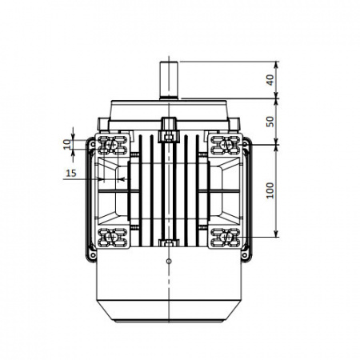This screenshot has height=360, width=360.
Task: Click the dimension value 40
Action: pyautogui.click(x=270, y=80)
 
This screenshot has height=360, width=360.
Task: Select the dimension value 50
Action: pyautogui.click(x=270, y=122)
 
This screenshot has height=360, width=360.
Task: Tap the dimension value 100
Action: pyautogui.click(x=270, y=190)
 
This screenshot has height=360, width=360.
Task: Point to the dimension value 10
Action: pyautogui.click(x=68, y=144)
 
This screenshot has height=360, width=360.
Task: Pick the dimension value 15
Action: pyautogui.click(x=71, y=174)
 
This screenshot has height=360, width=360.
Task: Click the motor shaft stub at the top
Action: pyautogui.click(x=169, y=81)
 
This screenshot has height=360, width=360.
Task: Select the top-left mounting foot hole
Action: pyautogui.click(x=110, y=145)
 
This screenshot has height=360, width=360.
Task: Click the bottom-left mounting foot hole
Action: pyautogui.click(x=110, y=237)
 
